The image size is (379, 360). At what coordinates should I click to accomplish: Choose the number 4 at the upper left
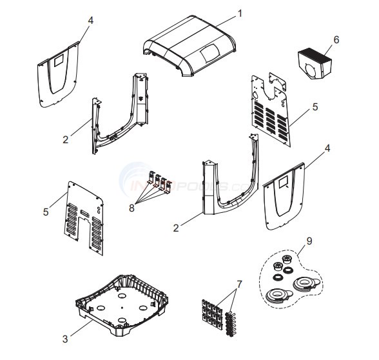point(90,20)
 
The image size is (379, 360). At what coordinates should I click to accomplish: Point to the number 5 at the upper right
point(315,106)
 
